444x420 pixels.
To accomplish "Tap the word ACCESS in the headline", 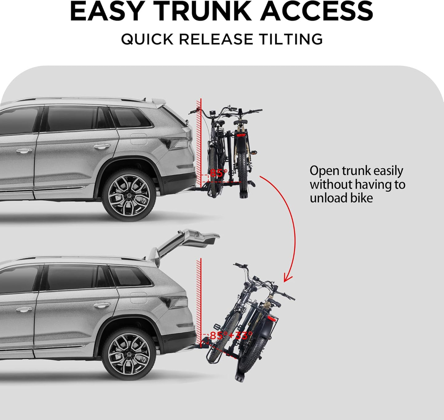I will pyautogui.click(x=316, y=11).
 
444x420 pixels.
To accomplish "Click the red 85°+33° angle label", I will pyautogui.click(x=231, y=335).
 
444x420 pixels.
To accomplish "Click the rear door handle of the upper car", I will pyautogui.click(x=102, y=146).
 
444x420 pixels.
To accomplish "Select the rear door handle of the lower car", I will pyautogui.click(x=102, y=305).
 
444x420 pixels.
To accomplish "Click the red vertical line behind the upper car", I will pyautogui.click(x=201, y=138).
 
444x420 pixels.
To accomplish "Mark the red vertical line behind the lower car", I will pyautogui.click(x=201, y=295).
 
